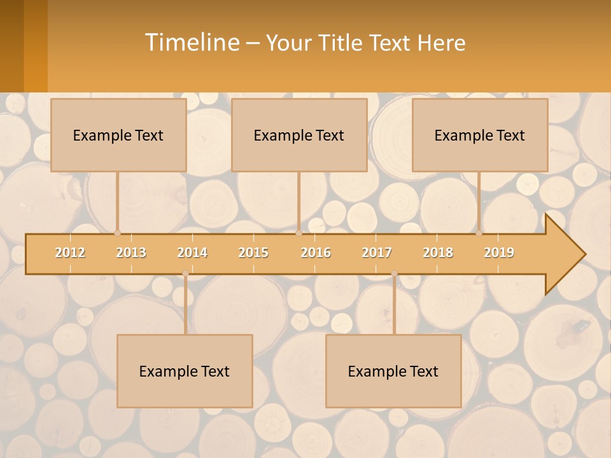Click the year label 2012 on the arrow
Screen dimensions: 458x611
(x=70, y=253)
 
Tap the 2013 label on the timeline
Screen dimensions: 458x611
(x=131, y=253)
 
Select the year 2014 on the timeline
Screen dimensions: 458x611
(x=192, y=253)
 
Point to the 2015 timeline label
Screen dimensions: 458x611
(x=253, y=253)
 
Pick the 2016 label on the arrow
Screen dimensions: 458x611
(x=316, y=253)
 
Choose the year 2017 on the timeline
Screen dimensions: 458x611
(x=377, y=253)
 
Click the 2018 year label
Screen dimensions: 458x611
(x=438, y=253)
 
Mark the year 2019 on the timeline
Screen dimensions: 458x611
(x=499, y=253)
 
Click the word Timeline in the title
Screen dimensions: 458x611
(x=192, y=43)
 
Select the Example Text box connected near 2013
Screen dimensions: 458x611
(x=118, y=135)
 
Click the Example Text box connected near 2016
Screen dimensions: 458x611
(x=299, y=135)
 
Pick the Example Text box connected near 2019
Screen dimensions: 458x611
(x=480, y=135)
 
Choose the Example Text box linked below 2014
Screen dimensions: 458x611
(x=185, y=371)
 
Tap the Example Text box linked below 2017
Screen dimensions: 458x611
(x=393, y=371)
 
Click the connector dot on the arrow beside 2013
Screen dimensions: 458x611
(x=117, y=233)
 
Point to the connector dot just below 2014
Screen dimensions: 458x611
(x=185, y=274)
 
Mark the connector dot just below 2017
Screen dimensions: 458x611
(x=394, y=274)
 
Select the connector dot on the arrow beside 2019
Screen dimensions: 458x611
(x=479, y=233)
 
